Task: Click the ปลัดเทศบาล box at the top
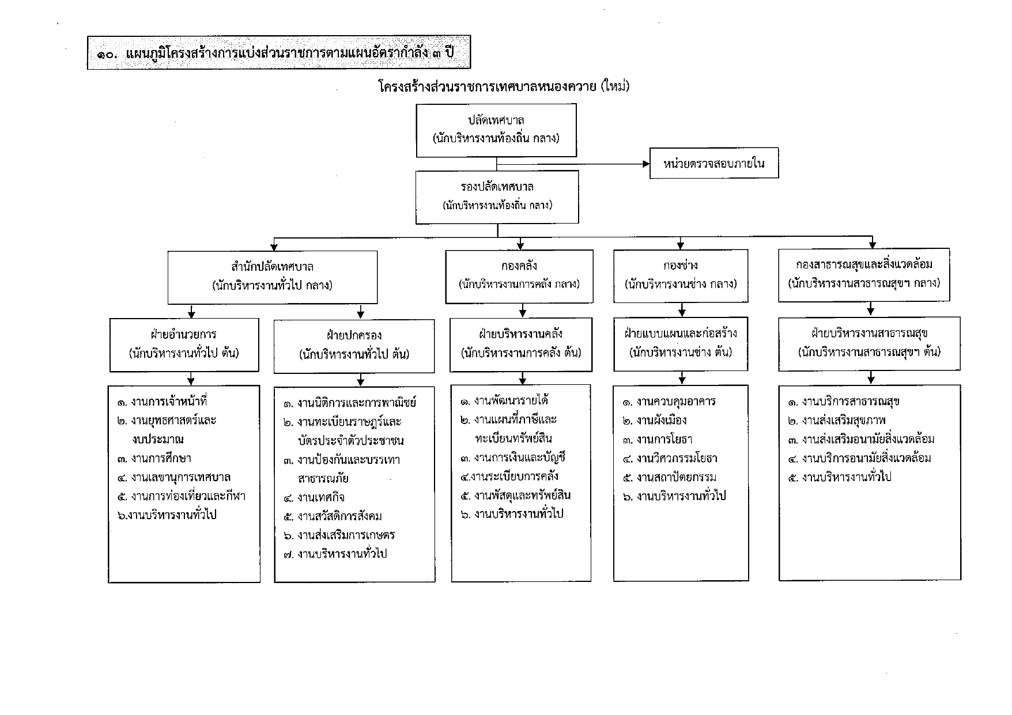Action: coord(496,130)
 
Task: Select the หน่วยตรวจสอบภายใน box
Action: coord(713,163)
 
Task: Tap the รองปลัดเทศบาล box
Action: coord(497,197)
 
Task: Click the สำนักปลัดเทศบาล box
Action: coord(273,277)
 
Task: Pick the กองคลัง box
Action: coord(519,276)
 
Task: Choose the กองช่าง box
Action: coord(681,275)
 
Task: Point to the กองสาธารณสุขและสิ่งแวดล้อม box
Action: coord(868,275)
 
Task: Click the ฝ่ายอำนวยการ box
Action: coord(184,345)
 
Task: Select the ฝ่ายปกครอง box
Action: coord(354,346)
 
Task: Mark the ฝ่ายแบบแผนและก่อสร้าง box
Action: coord(681,343)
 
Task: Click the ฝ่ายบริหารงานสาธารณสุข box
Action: coord(869,343)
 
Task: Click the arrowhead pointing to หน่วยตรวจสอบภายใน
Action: coord(646,164)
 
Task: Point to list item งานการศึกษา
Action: coord(154,459)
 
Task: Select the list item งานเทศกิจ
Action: coord(314,497)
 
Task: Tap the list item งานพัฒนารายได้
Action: coord(504,400)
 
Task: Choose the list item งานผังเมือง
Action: coord(655,421)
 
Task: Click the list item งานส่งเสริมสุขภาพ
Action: coord(837,420)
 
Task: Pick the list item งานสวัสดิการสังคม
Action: coord(333,516)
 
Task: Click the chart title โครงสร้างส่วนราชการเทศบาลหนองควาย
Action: coord(489,86)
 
